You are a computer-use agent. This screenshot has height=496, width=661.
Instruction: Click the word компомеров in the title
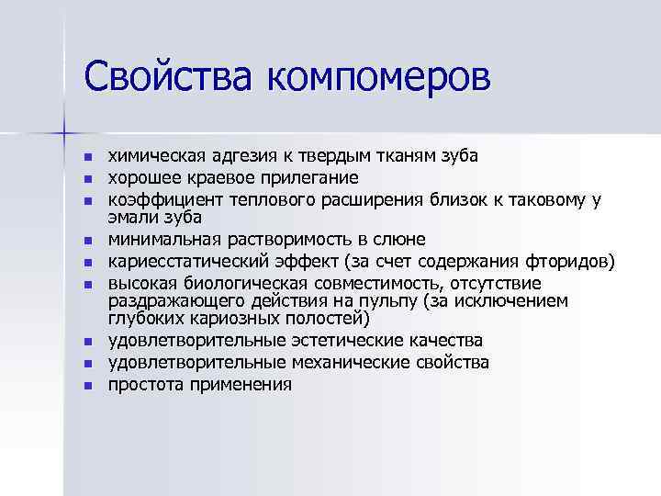(x=379, y=78)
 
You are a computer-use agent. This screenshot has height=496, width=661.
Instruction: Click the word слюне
(x=402, y=240)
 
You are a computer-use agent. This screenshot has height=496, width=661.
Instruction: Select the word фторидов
(x=565, y=262)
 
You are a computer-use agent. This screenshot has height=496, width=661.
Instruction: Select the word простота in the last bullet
(x=146, y=385)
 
